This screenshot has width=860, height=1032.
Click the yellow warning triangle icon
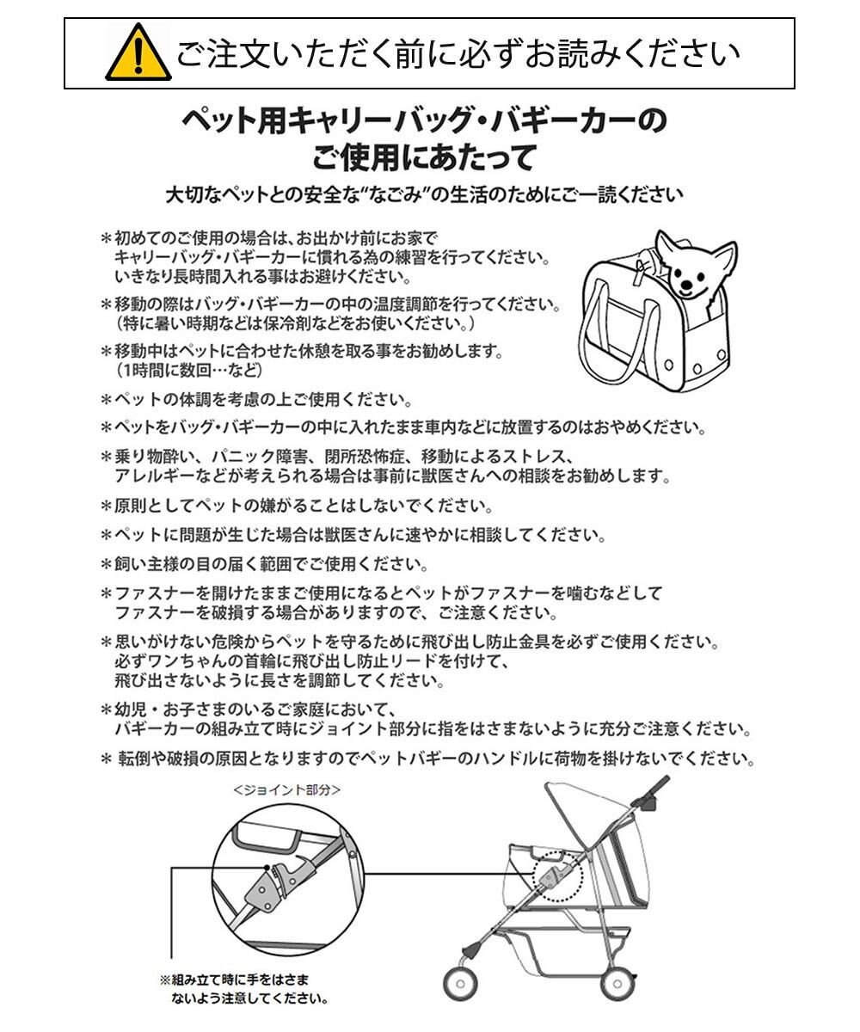point(137,53)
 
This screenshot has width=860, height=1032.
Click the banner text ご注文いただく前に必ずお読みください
point(458,53)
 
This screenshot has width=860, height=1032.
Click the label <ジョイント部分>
point(287,788)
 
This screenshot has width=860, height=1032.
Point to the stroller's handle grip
point(657,787)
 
